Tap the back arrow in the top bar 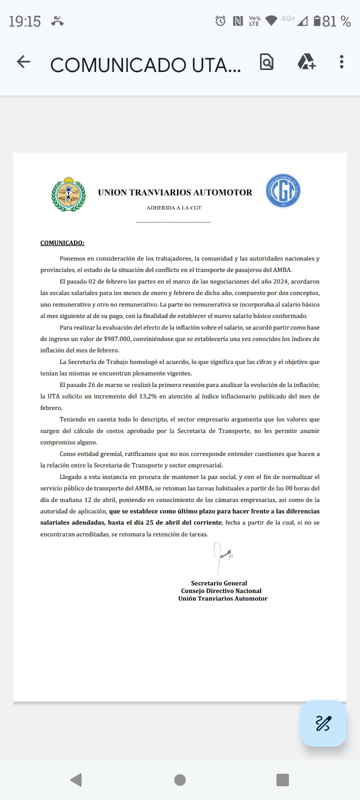coord(23,62)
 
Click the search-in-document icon coord(266,62)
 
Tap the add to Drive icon coord(306,62)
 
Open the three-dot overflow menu coord(341,62)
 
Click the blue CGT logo coord(282,190)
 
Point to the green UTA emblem coord(68,194)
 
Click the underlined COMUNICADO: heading coord(62,243)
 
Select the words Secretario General coord(219,583)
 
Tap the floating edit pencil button coord(323,723)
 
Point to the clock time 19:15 coord(24,21)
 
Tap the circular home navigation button coord(180,779)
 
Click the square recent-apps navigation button coord(282,779)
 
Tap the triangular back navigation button coord(76,779)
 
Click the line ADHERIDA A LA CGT coord(174,207)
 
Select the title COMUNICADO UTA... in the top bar coord(145,64)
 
